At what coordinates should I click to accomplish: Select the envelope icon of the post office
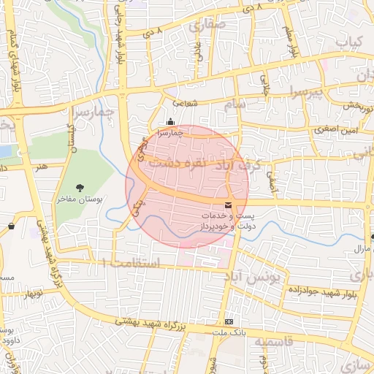tap(229, 206)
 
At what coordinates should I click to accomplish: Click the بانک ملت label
tap(228, 332)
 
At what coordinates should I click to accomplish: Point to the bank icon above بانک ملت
tap(229, 321)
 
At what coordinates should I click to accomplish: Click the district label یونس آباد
tap(260, 278)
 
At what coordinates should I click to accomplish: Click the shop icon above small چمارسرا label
tap(170, 121)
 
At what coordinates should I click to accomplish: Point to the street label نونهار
tap(33, 293)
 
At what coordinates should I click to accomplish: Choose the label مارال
tap(362, 250)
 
